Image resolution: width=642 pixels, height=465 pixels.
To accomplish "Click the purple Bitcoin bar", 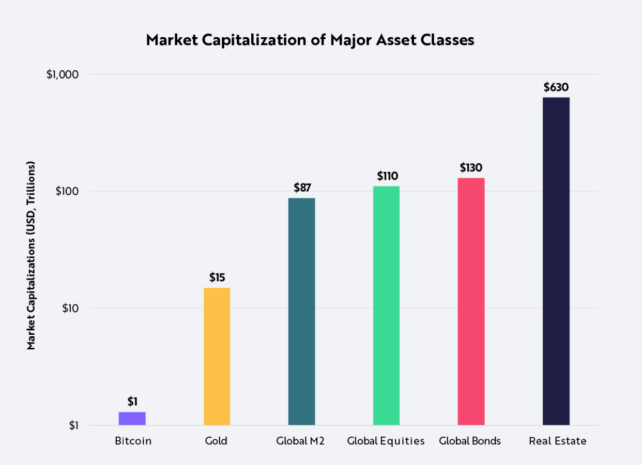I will tap(132, 419).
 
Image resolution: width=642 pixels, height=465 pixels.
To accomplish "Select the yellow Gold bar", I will tap(217, 357).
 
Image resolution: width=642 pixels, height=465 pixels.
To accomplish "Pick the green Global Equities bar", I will tap(386, 305).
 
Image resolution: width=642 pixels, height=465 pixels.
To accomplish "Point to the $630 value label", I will tap(556, 87).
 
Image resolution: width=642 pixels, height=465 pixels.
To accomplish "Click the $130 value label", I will tap(471, 168).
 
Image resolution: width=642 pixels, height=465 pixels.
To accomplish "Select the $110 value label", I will tap(387, 176).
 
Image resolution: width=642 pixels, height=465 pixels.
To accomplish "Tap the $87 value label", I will tap(302, 188).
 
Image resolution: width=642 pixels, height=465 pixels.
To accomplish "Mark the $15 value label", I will tap(217, 277).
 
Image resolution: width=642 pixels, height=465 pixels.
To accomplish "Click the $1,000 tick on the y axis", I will tap(62, 74).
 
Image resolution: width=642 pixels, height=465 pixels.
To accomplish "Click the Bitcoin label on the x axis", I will tap(133, 441).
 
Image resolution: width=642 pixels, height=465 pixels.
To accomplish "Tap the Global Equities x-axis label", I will tap(386, 441).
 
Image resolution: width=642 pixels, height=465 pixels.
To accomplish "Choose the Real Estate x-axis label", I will tap(558, 441).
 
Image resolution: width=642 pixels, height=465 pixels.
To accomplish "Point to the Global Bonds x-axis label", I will tap(470, 441).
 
